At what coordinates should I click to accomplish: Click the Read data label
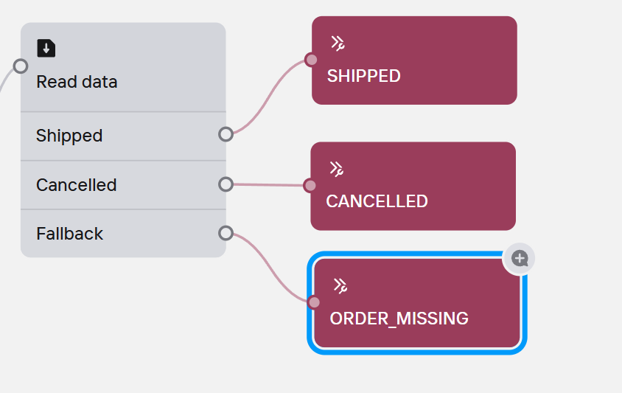coord(77,82)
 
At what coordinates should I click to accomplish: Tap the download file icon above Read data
coord(46,49)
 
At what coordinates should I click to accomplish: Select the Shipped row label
coord(69,136)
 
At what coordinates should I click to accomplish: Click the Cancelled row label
coord(76,184)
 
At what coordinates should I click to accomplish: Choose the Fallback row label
coord(69,234)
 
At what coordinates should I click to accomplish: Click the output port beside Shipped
coord(226,134)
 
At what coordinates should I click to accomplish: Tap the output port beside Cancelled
coord(226,184)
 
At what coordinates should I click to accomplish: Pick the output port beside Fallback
coord(226,234)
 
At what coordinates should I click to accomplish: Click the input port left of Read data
coord(21,66)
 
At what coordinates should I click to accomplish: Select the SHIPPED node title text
coord(363,76)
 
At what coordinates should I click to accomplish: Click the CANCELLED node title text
coord(377,201)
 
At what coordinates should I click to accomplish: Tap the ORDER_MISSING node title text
coord(399,319)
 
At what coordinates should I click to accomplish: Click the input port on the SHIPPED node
coord(312,60)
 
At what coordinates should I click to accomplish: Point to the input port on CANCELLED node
coord(310,186)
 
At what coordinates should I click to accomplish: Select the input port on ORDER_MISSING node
coord(314,302)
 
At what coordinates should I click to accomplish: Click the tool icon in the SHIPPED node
coord(338,44)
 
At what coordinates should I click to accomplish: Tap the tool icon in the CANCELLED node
coord(336,169)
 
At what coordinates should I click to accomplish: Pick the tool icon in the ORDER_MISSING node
coord(340,285)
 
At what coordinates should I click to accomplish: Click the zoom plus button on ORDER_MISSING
coord(520,258)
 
